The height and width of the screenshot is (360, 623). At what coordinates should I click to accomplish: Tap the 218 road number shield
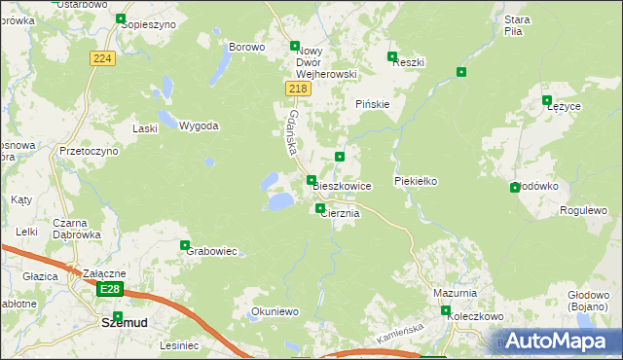299,89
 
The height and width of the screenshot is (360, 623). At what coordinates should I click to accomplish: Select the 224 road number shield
104,58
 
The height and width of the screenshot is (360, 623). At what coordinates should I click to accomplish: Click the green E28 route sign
110,290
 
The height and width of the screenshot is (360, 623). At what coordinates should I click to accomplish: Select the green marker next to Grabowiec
185,245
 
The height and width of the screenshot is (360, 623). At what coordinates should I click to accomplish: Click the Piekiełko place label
418,181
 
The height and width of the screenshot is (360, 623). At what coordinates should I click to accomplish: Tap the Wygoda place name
199,126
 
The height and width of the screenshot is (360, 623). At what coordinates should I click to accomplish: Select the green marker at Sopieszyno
121,18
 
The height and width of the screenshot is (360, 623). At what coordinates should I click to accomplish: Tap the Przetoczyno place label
89,152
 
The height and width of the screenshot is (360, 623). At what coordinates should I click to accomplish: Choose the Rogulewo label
583,210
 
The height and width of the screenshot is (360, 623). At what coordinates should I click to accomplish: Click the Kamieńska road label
399,336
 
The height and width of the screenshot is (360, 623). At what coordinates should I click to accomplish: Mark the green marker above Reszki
392,56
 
